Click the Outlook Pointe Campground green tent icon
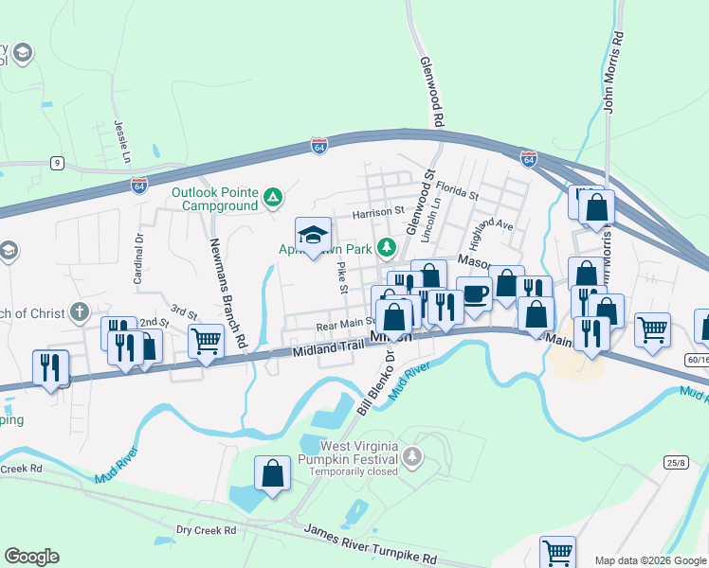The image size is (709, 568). point(272,198)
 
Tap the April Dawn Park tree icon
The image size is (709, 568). point(386,248)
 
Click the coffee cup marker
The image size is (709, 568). point(474,293)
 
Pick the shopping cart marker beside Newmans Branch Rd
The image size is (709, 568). point(206,341)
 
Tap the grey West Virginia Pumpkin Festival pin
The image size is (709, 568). point(411,458)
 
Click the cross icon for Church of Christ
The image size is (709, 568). point(80,312)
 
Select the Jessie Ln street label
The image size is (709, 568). point(120,140)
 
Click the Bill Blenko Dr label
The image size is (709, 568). point(375,382)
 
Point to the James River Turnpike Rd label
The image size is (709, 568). point(371,546)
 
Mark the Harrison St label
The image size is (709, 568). point(378,213)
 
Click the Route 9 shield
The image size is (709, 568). point(58,164)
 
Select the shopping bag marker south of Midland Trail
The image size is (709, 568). point(272,475)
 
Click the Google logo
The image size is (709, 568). point(31,557)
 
